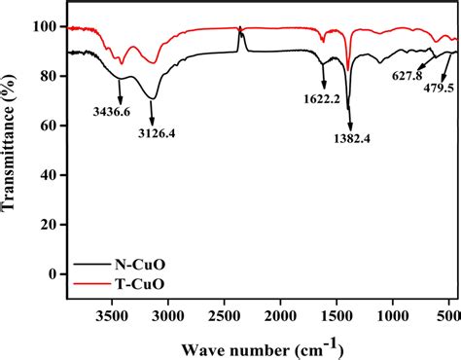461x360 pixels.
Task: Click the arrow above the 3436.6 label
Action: click(119, 91)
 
